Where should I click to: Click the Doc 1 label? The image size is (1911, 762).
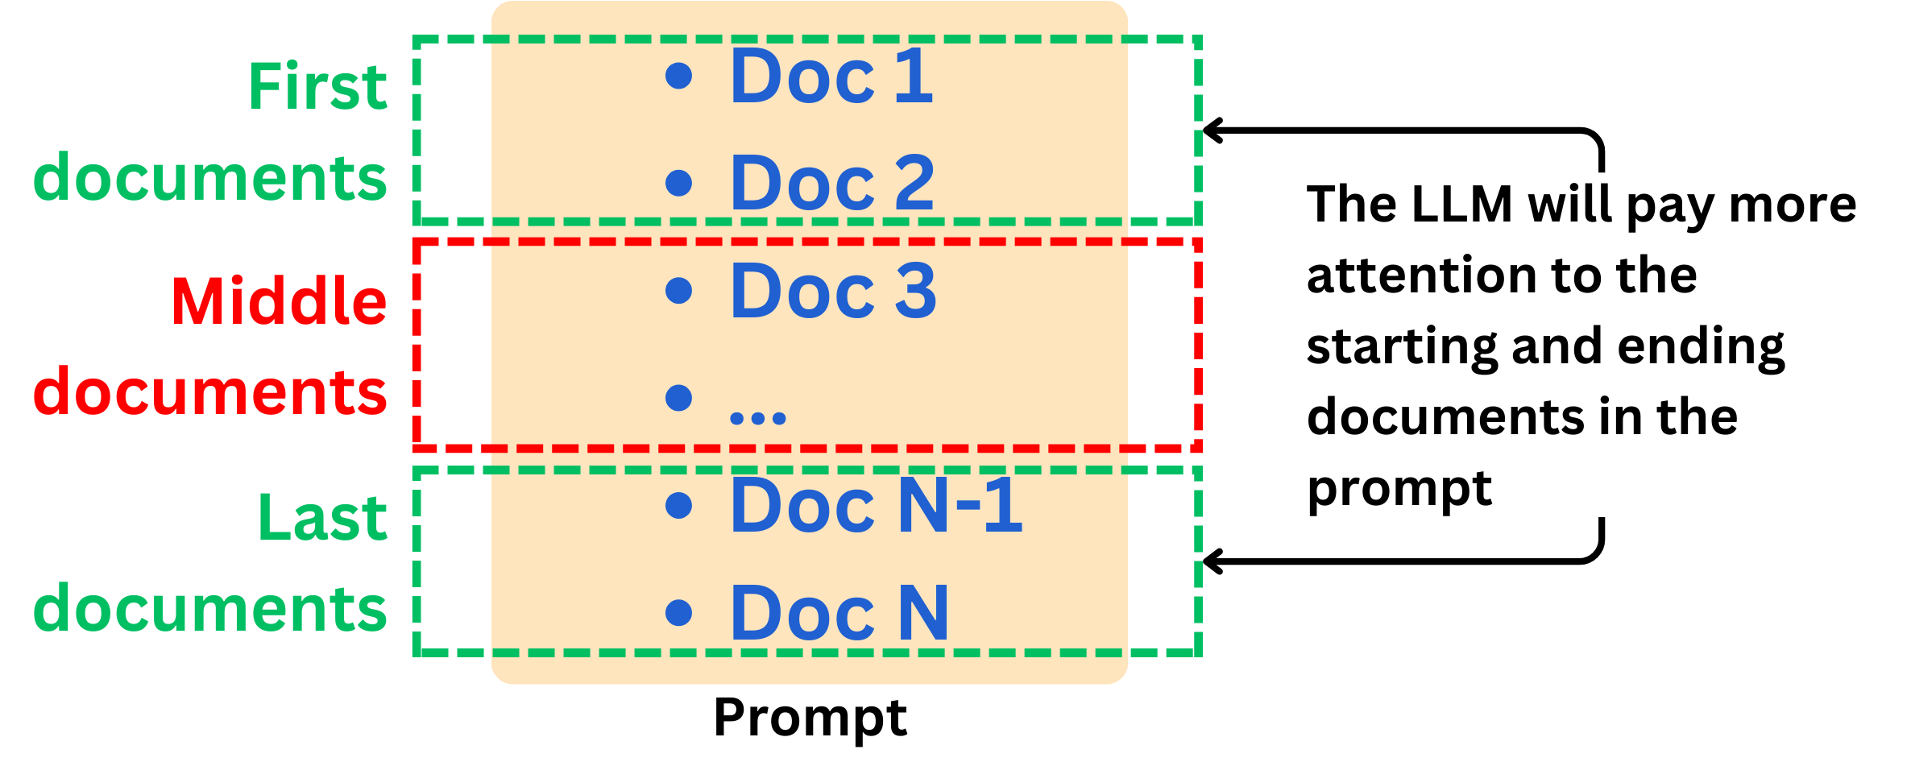point(831,77)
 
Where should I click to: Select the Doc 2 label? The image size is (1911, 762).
point(831,184)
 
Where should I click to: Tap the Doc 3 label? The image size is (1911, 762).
point(832,291)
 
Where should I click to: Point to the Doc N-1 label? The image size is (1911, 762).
point(875,506)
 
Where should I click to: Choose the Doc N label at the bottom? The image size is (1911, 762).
point(839,613)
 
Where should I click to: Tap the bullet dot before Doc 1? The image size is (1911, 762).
point(679,76)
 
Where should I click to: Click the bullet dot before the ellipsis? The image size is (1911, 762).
point(679,397)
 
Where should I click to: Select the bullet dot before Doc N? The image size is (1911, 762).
point(679,612)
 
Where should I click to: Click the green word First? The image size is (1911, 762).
point(317,86)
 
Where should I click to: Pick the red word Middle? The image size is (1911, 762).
point(279,301)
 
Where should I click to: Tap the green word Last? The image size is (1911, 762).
point(322,517)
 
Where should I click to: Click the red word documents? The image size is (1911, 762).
point(209,392)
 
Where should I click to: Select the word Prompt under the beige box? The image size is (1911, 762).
point(810,718)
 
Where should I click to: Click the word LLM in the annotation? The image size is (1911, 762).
point(1462,204)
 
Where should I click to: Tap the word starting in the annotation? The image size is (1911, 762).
point(1402,347)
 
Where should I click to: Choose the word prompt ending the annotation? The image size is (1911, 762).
point(1399,489)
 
